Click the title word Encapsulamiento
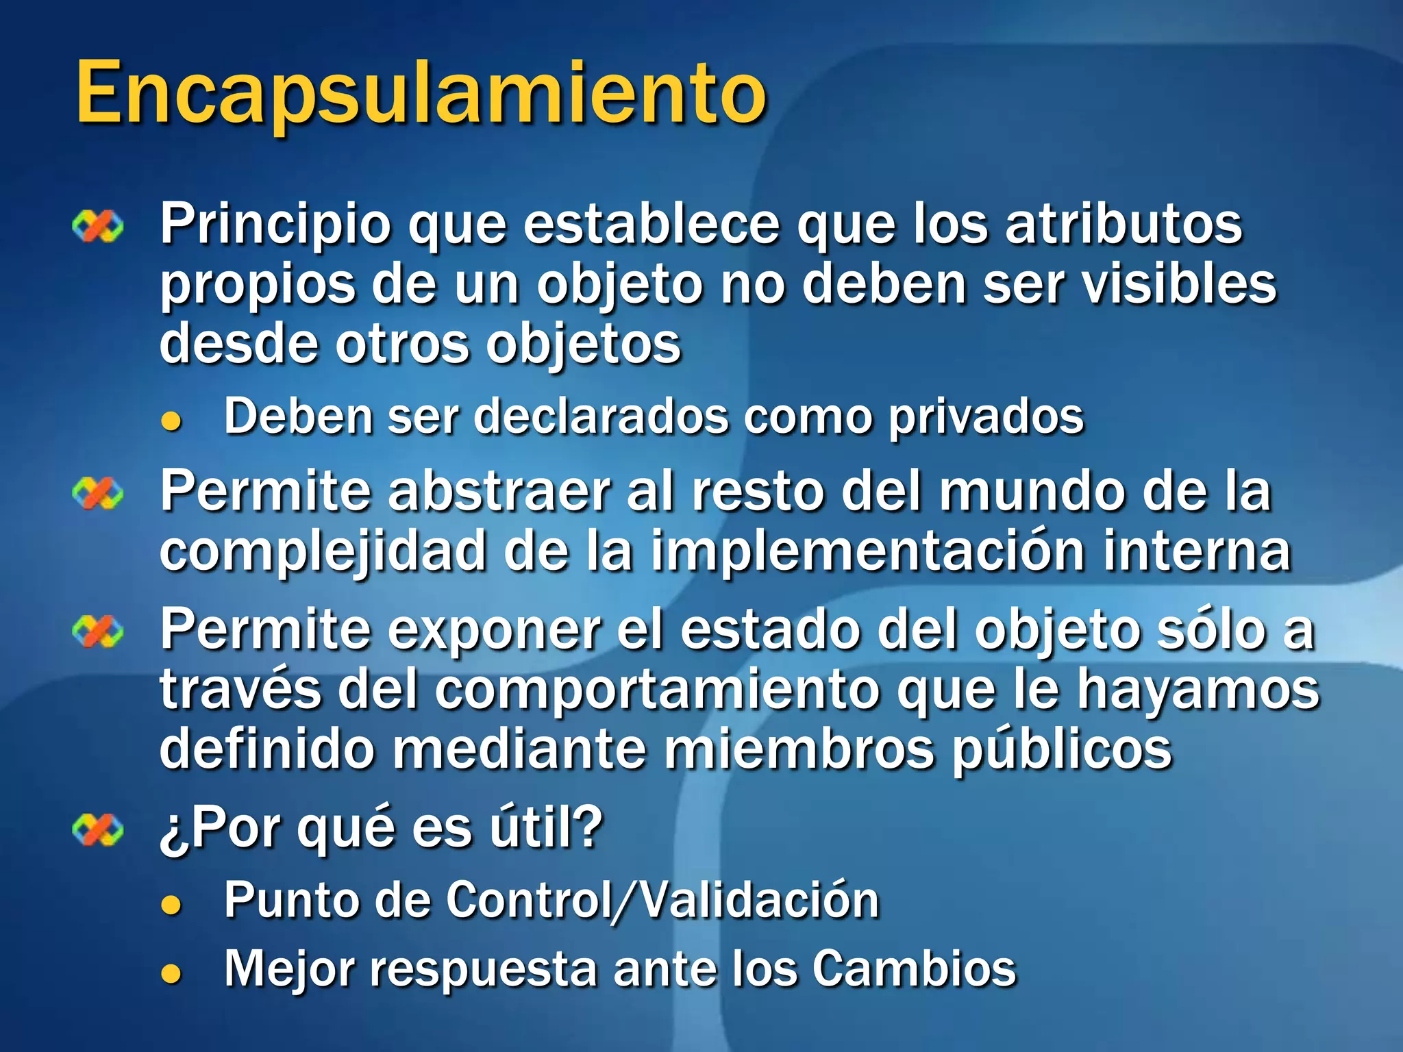tap(421, 92)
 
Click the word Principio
tap(275, 225)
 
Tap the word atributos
tap(1123, 223)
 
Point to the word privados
tap(986, 416)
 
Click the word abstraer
tap(501, 491)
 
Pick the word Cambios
tap(915, 968)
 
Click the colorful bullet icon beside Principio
tap(98, 227)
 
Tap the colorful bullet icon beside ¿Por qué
tap(98, 830)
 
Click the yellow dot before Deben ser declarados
tap(171, 421)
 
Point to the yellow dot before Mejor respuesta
tap(171, 973)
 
